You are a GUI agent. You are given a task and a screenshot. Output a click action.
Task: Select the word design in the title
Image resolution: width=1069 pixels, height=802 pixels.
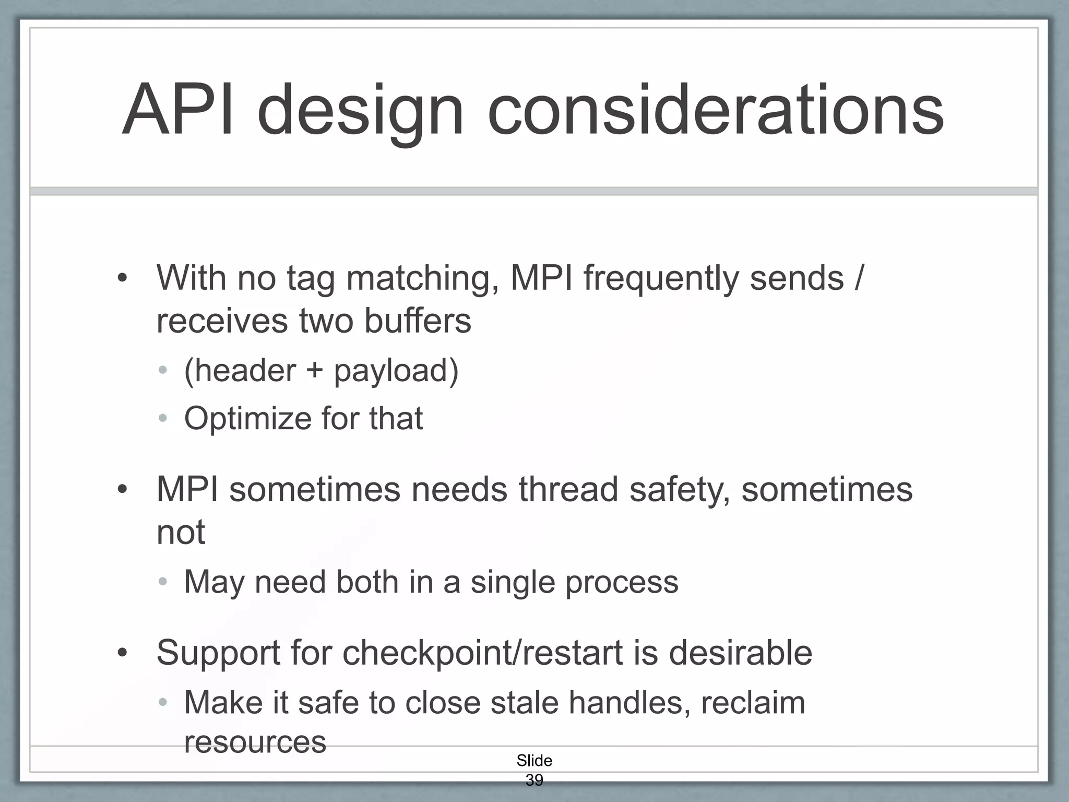click(360, 111)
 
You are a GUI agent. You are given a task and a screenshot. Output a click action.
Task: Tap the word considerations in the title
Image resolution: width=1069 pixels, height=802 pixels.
click(715, 111)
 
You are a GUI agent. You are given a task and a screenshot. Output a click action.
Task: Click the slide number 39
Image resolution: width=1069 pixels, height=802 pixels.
click(534, 780)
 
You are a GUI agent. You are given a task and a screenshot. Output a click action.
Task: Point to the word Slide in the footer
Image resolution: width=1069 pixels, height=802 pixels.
click(534, 760)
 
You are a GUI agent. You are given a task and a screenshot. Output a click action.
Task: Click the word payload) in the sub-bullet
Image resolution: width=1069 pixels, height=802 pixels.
click(396, 371)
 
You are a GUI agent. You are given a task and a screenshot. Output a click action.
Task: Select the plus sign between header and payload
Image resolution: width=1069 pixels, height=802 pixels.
click(315, 371)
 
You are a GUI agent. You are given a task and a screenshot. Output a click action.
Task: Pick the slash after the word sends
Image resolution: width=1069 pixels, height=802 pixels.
click(859, 278)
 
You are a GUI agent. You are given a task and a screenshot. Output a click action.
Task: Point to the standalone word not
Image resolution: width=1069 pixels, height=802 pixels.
click(181, 533)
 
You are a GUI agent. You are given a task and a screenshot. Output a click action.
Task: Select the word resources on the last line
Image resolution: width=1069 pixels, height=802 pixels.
click(255, 742)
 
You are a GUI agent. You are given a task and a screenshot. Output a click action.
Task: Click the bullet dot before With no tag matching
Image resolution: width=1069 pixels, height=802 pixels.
click(122, 278)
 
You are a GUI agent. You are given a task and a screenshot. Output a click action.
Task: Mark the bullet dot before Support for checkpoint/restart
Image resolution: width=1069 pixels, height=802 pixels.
click(122, 653)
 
